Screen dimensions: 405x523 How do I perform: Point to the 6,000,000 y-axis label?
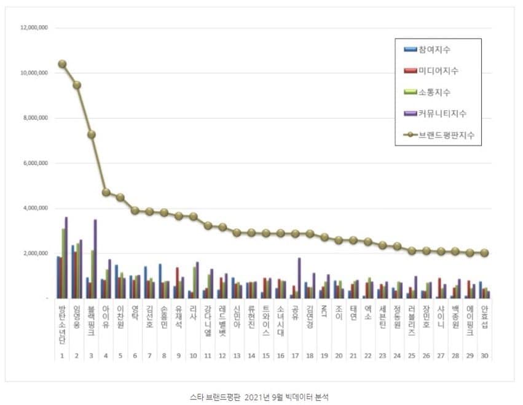tap(36, 163)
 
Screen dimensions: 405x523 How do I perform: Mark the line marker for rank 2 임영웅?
tap(77, 85)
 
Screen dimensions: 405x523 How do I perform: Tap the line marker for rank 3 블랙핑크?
tap(92, 134)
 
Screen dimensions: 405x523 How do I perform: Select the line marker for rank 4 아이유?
tap(106, 192)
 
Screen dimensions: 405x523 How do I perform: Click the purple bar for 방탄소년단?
tap(66, 258)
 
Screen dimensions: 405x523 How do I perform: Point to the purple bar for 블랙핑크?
tap(95, 259)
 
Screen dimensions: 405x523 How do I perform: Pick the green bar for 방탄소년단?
tap(63, 263)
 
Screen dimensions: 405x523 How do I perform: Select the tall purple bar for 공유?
tap(299, 278)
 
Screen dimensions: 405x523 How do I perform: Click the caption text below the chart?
tap(261, 397)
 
